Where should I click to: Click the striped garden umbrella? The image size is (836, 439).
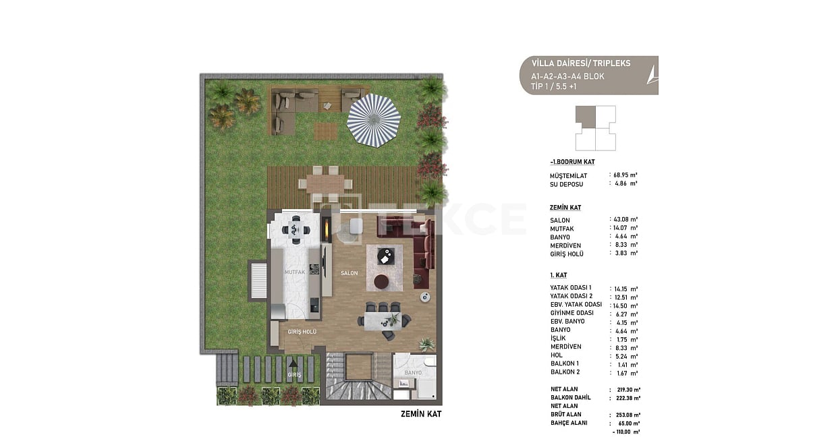(x=373, y=121)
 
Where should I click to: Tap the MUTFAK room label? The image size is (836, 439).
(x=294, y=272)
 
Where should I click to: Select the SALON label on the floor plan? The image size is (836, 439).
(x=349, y=273)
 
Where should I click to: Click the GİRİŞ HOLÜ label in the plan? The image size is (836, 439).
(x=302, y=332)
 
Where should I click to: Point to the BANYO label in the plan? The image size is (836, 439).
(x=413, y=373)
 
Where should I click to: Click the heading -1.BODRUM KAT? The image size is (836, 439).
(x=572, y=163)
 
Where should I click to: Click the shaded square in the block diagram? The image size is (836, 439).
(x=585, y=115)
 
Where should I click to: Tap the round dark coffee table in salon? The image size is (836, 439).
(x=381, y=281)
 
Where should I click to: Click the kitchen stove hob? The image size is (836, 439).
(x=314, y=270)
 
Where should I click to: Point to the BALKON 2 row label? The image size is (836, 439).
(x=565, y=372)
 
